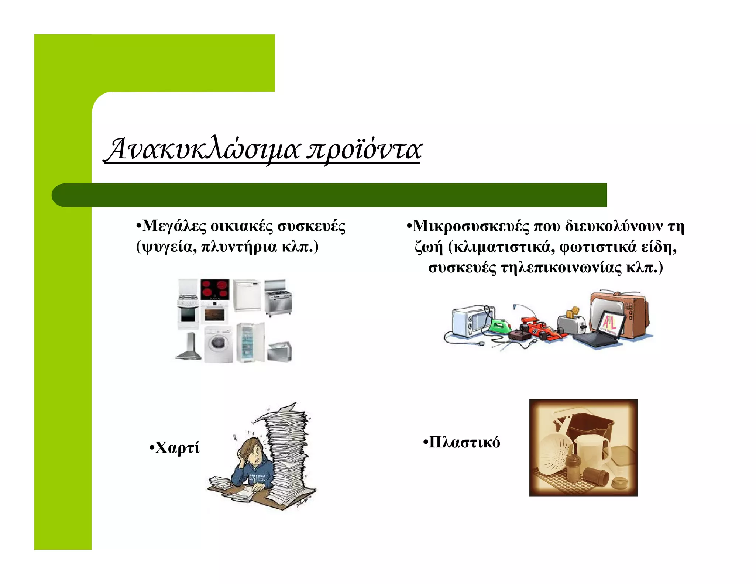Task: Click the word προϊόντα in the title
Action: click(x=364, y=150)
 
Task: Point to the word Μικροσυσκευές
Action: click(x=470, y=226)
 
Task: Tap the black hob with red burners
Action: click(x=215, y=290)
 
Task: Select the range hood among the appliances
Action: click(x=189, y=347)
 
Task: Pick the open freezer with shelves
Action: click(x=250, y=343)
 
